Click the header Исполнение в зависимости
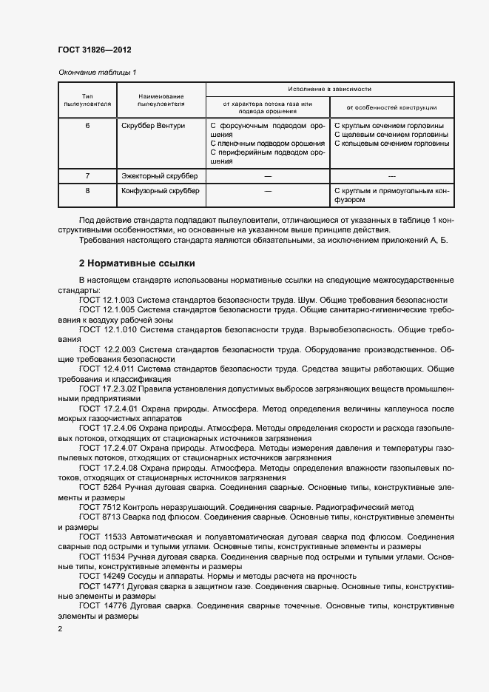pyautogui.click(x=329, y=88)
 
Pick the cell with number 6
pyautogui.click(x=87, y=126)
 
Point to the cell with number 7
pyautogui.click(x=87, y=176)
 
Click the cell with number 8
pyautogui.click(x=87, y=191)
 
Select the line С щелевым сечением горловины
pyautogui.click(x=391, y=135)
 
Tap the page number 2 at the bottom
pyautogui.click(x=60, y=629)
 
